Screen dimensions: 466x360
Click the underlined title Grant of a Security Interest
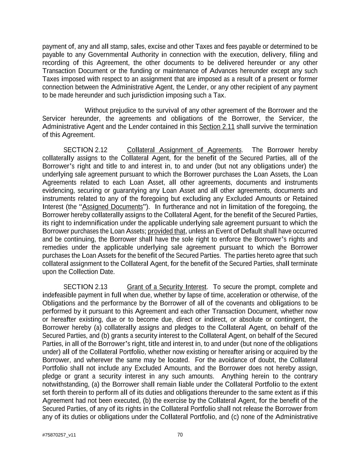click(x=167, y=287)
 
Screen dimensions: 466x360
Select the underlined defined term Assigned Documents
click(x=113, y=207)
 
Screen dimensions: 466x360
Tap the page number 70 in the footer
click(x=180, y=435)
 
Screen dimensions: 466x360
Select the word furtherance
click(x=179, y=207)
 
